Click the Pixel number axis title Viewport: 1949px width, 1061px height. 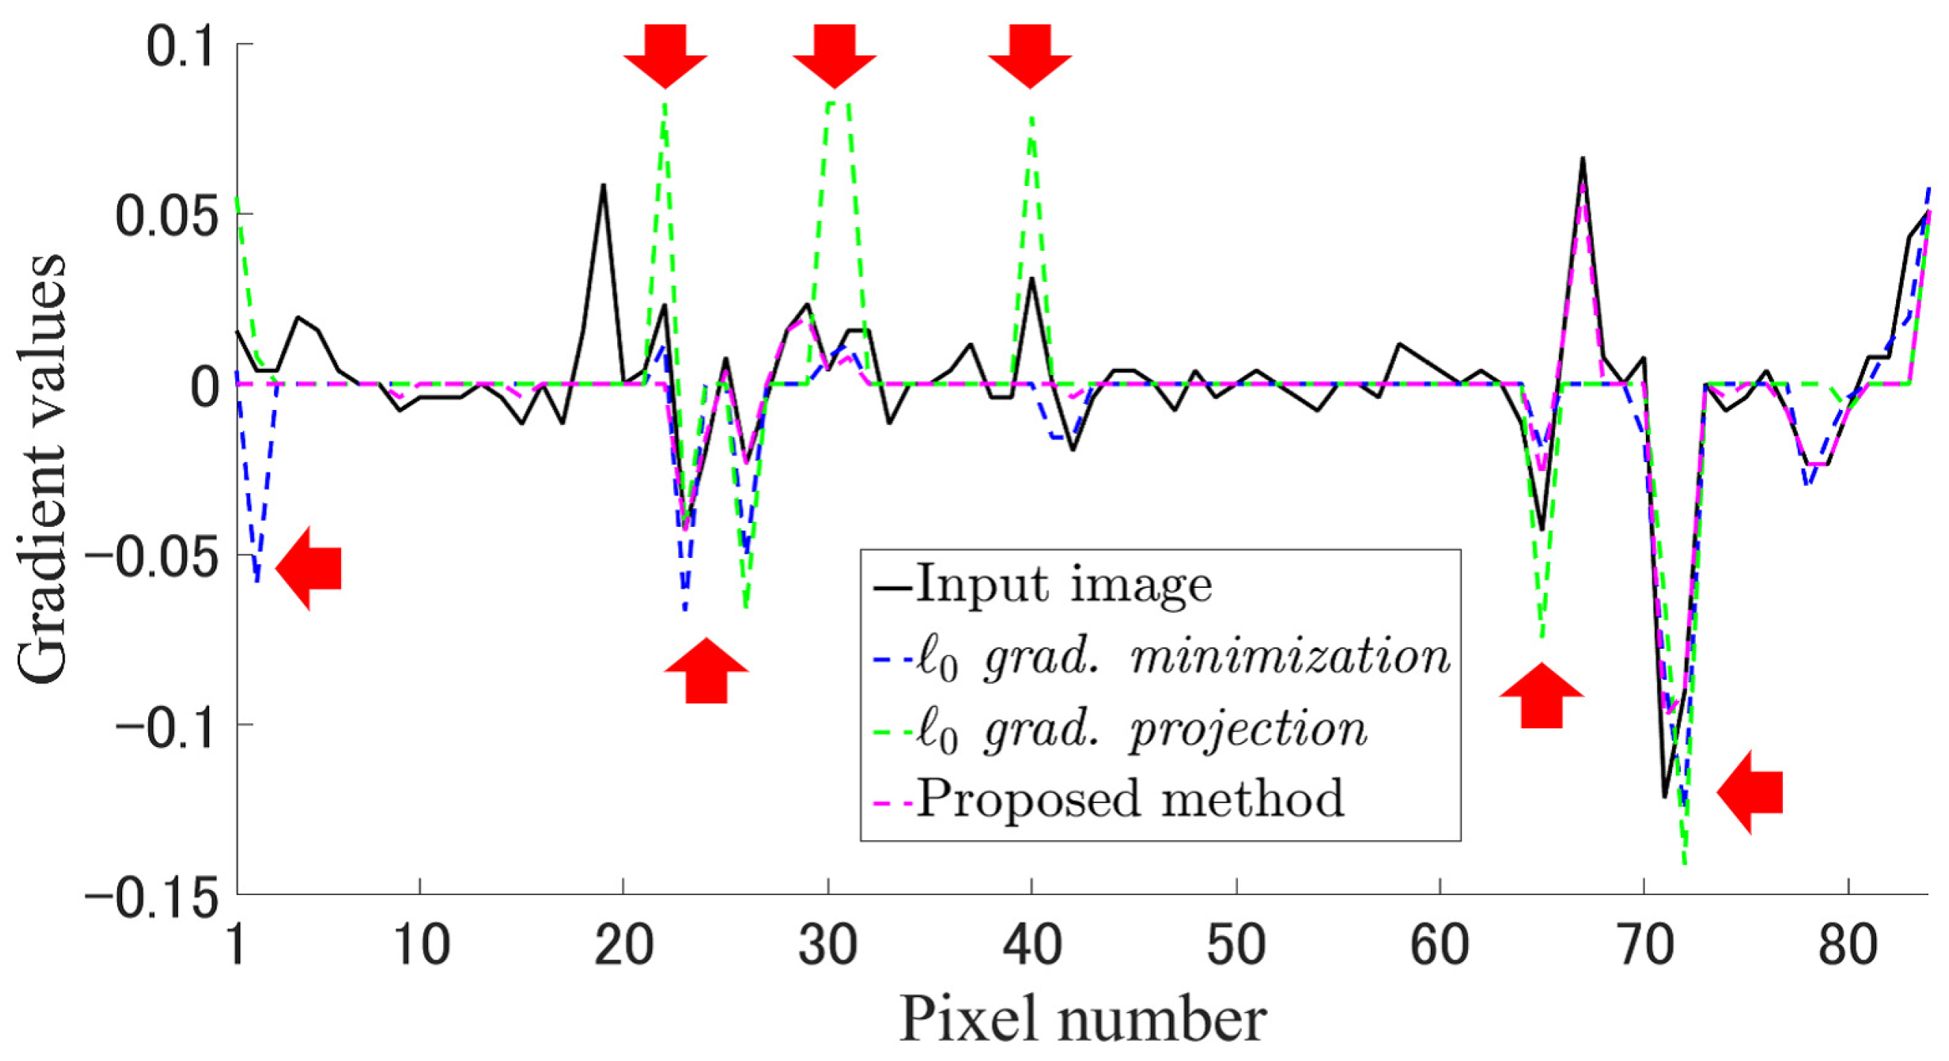(1082, 1020)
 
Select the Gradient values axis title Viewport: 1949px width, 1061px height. (42, 469)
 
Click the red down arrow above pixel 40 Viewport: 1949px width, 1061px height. (1030, 57)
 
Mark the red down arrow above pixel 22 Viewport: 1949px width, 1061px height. (665, 57)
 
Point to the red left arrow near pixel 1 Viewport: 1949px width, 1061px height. (309, 568)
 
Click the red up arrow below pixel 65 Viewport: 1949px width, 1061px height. (1541, 695)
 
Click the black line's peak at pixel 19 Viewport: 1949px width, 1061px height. (603, 184)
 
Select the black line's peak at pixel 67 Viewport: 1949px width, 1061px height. (1582, 158)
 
